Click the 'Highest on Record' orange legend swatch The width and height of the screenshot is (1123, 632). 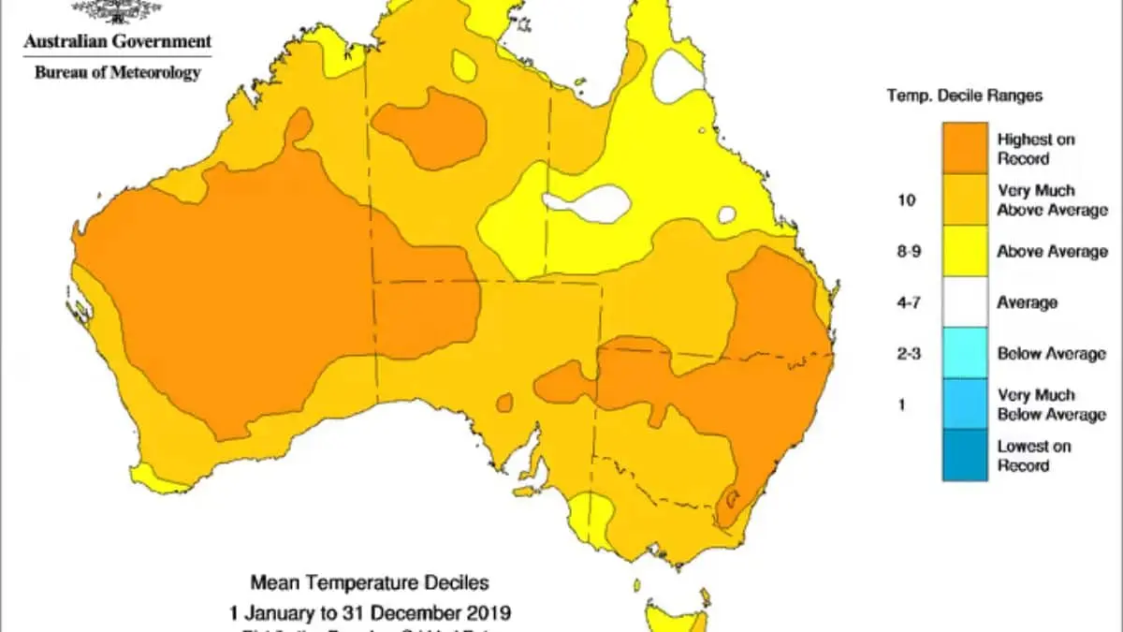[965, 148]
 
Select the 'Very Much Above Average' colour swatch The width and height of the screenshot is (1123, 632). [965, 199]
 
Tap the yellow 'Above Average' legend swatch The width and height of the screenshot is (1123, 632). [965, 251]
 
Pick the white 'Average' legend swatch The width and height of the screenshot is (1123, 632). [965, 301]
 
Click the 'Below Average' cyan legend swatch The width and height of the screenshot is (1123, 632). [965, 353]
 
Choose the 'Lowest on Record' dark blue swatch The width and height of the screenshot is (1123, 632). [965, 455]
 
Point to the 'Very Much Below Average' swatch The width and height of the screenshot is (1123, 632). [965, 404]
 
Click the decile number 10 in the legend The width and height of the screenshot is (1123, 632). [907, 200]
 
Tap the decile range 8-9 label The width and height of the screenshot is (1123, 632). [907, 252]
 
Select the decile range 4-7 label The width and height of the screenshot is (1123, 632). [907, 302]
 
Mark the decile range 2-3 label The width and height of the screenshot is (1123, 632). [907, 354]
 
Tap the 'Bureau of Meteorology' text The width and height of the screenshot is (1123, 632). [118, 73]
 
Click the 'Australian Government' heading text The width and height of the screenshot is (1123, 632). [118, 42]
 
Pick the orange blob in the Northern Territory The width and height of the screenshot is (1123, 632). [430, 125]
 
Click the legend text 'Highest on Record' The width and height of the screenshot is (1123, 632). [1036, 149]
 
